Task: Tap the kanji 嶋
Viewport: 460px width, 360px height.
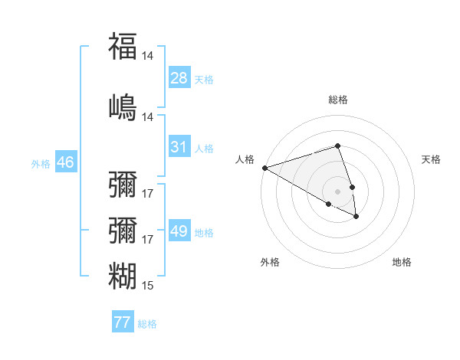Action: coord(123,106)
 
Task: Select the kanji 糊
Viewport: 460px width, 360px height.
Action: coord(123,276)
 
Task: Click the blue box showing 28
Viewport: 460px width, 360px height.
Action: coord(179,78)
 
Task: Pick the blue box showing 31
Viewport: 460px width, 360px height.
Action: coord(179,147)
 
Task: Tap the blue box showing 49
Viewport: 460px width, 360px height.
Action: coord(179,231)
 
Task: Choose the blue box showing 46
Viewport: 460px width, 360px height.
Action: coord(64,162)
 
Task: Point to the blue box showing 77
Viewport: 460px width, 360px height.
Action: coord(122,322)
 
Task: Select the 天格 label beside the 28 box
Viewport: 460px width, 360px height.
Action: coord(204,80)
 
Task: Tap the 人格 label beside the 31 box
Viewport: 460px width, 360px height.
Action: coord(204,149)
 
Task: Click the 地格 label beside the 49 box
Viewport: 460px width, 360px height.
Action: coord(204,233)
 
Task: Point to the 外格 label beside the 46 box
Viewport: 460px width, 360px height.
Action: coord(41,164)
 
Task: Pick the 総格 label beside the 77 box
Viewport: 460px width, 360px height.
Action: coord(147,324)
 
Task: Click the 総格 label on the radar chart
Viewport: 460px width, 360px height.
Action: coord(337,100)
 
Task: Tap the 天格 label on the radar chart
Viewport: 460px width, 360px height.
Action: coord(432,159)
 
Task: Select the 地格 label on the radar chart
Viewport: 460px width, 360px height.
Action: coord(402,262)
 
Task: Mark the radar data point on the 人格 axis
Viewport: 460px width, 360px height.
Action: coord(264,167)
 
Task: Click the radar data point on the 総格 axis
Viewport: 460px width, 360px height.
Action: coord(337,146)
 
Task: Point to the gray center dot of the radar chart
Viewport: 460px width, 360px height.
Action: coord(337,191)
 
